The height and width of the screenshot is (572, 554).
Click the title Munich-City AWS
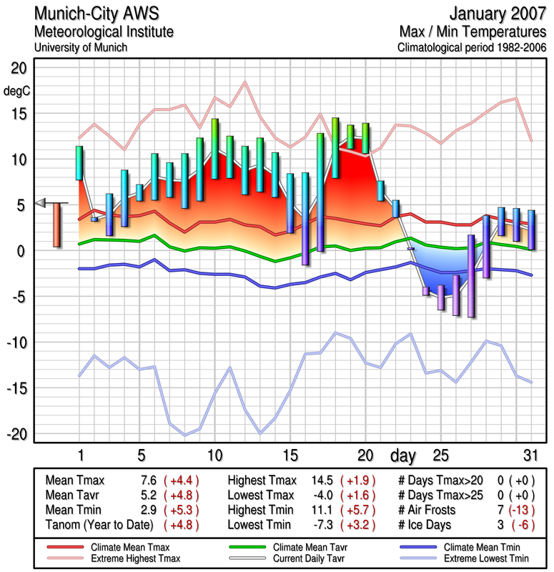point(94,14)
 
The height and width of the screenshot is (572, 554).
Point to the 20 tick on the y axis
point(18,69)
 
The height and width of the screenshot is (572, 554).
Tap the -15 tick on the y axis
point(16,388)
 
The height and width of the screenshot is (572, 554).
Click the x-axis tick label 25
point(442,455)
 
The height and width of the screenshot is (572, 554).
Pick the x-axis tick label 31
point(529,455)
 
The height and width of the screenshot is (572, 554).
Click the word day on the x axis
point(403,455)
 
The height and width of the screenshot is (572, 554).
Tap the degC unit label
point(18,92)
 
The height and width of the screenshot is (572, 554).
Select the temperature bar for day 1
point(79,163)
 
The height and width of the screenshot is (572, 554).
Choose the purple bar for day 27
point(471,275)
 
